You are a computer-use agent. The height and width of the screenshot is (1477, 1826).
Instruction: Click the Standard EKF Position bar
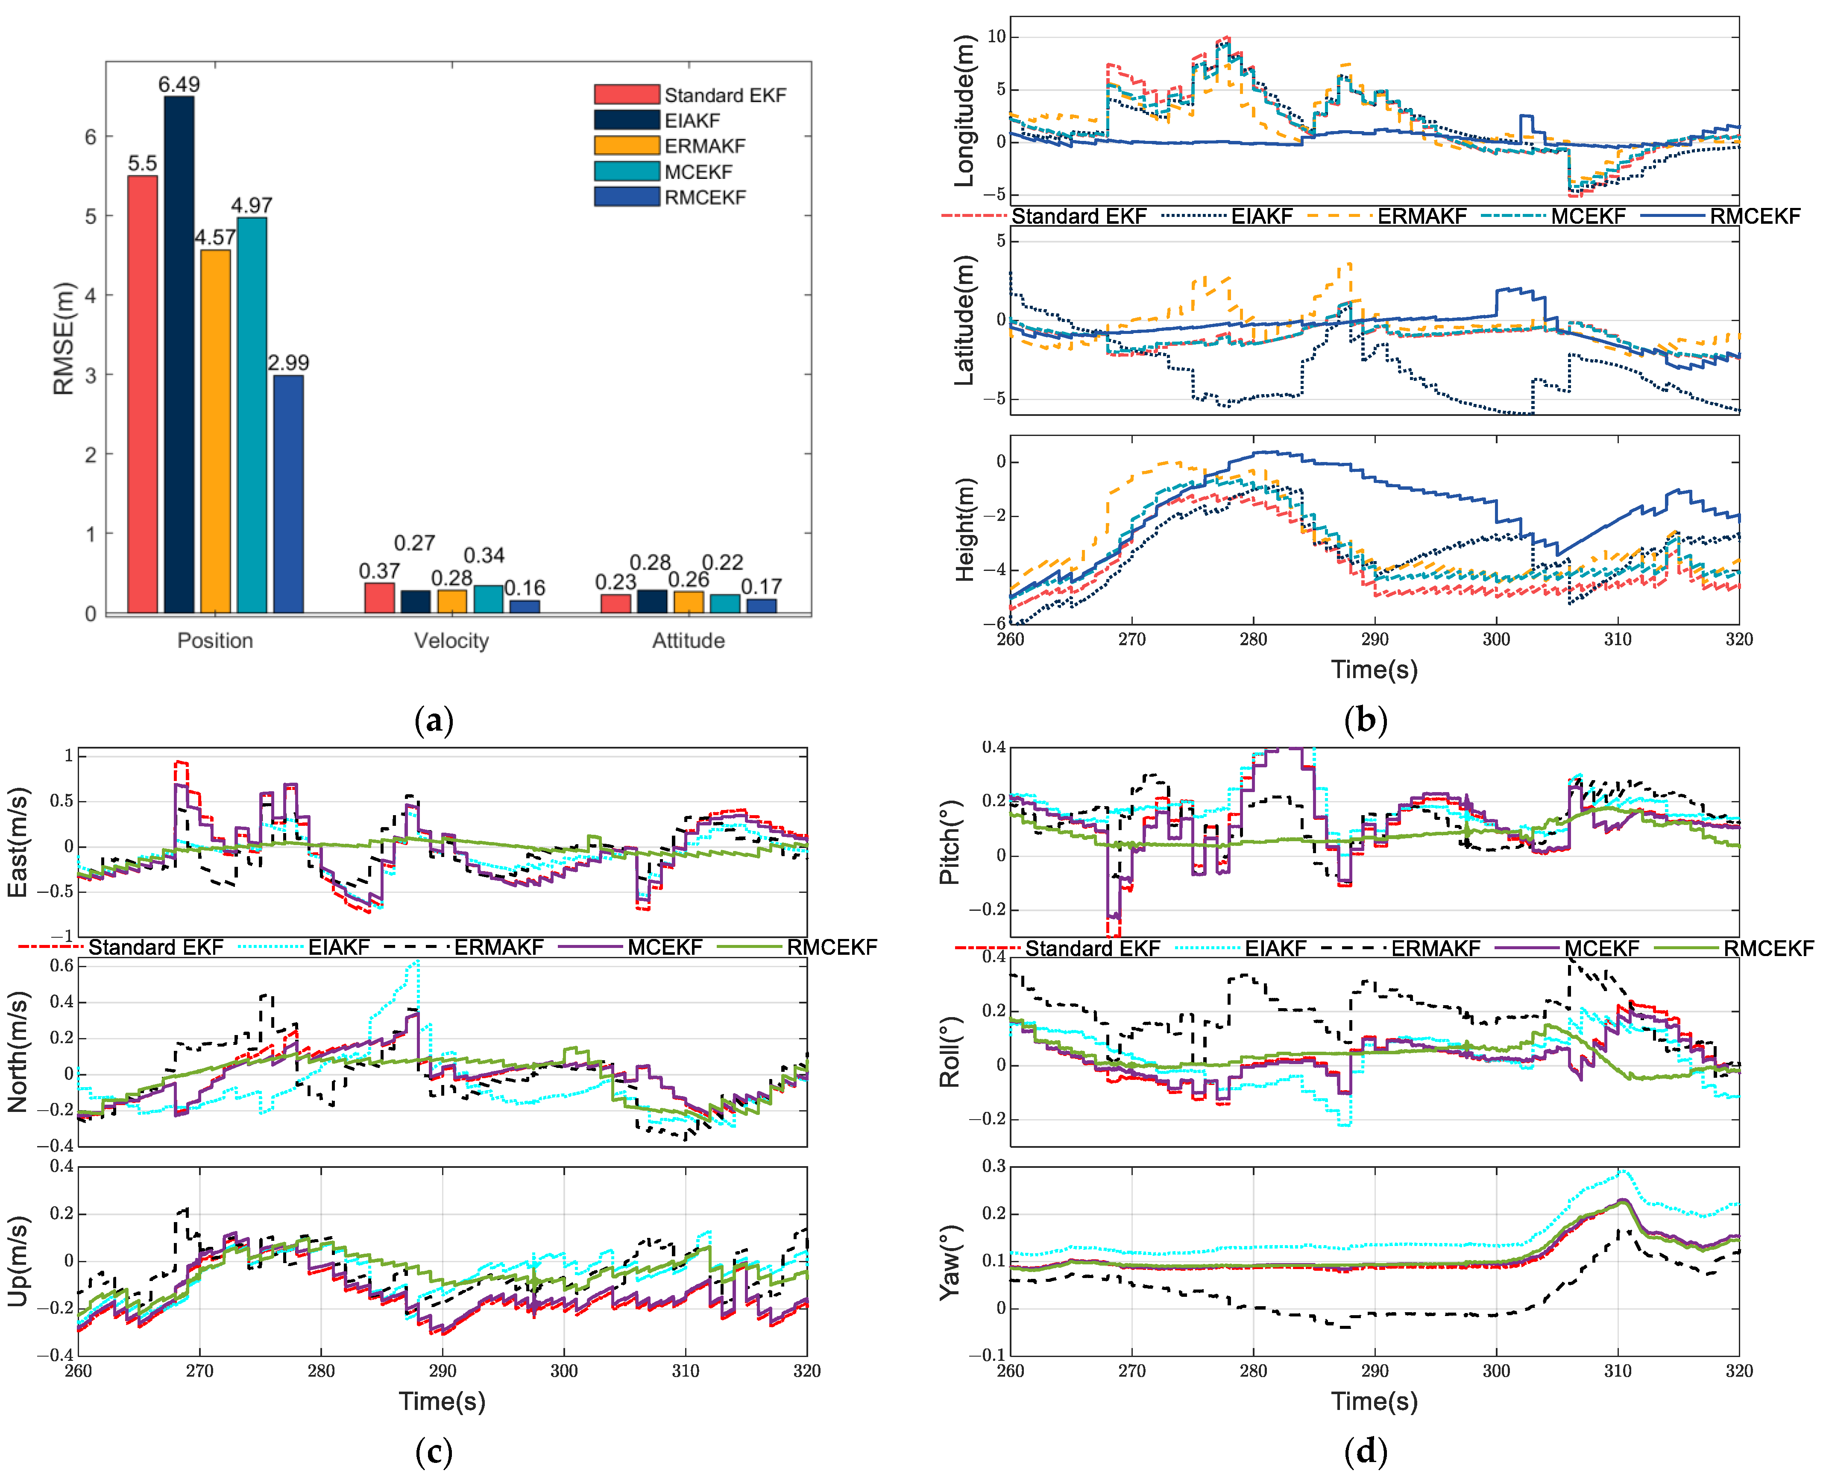(142, 394)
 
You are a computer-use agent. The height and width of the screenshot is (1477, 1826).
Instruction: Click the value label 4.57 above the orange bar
(214, 237)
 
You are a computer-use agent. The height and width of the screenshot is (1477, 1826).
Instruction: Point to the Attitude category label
(689, 641)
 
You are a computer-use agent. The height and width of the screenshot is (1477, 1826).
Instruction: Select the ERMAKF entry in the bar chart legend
(704, 146)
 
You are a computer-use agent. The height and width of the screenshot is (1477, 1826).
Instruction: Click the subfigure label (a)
(434, 721)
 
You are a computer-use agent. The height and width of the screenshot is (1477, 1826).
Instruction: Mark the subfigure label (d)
(1366, 1451)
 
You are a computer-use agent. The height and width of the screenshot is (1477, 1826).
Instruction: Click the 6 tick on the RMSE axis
(90, 137)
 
